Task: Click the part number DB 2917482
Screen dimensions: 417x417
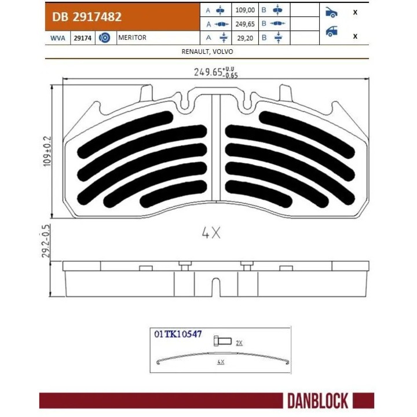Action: pyautogui.click(x=87, y=17)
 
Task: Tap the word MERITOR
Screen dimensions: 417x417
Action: pyautogui.click(x=132, y=38)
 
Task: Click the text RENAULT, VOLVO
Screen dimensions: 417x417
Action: pyautogui.click(x=208, y=51)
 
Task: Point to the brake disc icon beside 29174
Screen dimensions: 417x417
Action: pyautogui.click(x=105, y=38)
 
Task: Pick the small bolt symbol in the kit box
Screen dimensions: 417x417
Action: pyautogui.click(x=222, y=340)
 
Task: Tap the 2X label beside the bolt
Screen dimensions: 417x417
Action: pyautogui.click(x=239, y=343)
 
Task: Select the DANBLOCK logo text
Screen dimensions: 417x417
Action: pyautogui.click(x=317, y=400)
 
